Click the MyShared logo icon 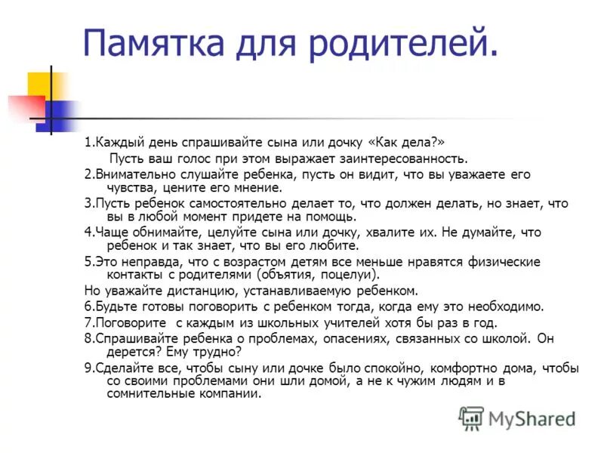[x=471, y=418]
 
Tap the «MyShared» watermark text [x=532, y=418]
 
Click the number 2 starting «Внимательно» [x=87, y=174]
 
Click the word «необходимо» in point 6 [x=510, y=307]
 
